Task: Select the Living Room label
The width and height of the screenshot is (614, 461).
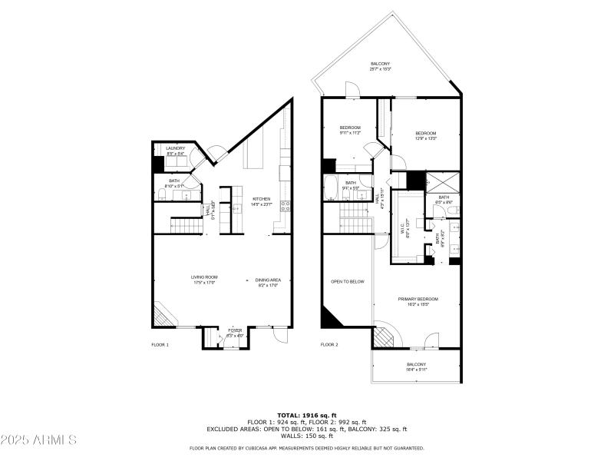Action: click(x=205, y=280)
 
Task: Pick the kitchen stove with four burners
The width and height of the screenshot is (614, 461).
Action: click(x=285, y=205)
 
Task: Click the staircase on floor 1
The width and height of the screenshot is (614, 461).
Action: click(x=184, y=226)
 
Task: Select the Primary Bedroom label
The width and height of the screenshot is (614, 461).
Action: click(x=418, y=300)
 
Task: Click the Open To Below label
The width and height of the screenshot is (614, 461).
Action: click(x=347, y=282)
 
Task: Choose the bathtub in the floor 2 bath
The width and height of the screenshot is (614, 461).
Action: click(x=331, y=187)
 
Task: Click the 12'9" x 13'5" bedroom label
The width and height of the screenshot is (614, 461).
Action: click(x=426, y=136)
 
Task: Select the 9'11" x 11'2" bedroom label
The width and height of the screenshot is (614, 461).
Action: click(x=350, y=130)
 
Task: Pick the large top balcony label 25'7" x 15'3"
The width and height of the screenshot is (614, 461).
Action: click(x=381, y=66)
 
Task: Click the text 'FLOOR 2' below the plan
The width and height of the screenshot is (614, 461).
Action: click(x=328, y=345)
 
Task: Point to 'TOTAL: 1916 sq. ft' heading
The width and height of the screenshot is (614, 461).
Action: click(x=307, y=415)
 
